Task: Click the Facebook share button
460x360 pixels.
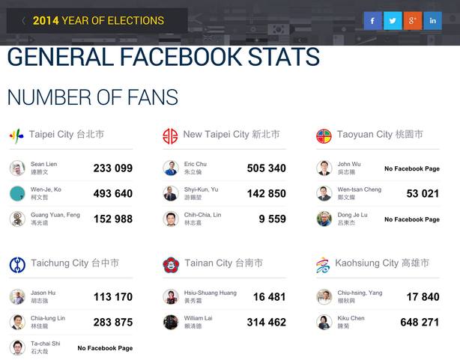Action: pyautogui.click(x=373, y=21)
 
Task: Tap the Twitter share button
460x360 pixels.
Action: pyautogui.click(x=393, y=21)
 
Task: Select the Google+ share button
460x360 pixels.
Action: pyautogui.click(x=412, y=21)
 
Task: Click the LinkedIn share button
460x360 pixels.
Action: pyautogui.click(x=432, y=21)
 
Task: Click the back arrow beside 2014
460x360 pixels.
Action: pyautogui.click(x=23, y=21)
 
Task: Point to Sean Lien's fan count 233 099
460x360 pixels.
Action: pyautogui.click(x=112, y=168)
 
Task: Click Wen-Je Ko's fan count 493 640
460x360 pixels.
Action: pyautogui.click(x=112, y=194)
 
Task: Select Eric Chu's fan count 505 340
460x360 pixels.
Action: pyautogui.click(x=266, y=168)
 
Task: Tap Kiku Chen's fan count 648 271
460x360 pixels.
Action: pyautogui.click(x=420, y=323)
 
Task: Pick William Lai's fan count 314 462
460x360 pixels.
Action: pyautogui.click(x=266, y=323)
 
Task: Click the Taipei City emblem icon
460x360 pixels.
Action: pyautogui.click(x=16, y=135)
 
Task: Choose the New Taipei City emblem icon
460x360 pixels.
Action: pyautogui.click(x=170, y=135)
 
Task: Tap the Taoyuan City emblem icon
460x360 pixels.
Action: pyautogui.click(x=324, y=135)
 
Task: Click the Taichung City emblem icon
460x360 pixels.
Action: pyautogui.click(x=17, y=264)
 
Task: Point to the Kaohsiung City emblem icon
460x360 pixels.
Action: pyautogui.click(x=323, y=264)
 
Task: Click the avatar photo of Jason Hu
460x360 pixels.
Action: pyautogui.click(x=17, y=296)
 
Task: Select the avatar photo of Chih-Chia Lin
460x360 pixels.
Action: pyautogui.click(x=171, y=219)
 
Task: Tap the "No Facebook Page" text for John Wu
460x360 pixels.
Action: pyautogui.click(x=411, y=169)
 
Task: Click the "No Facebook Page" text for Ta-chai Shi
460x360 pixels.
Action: pyautogui.click(x=105, y=348)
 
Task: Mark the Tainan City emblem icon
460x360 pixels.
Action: pyautogui.click(x=171, y=264)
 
